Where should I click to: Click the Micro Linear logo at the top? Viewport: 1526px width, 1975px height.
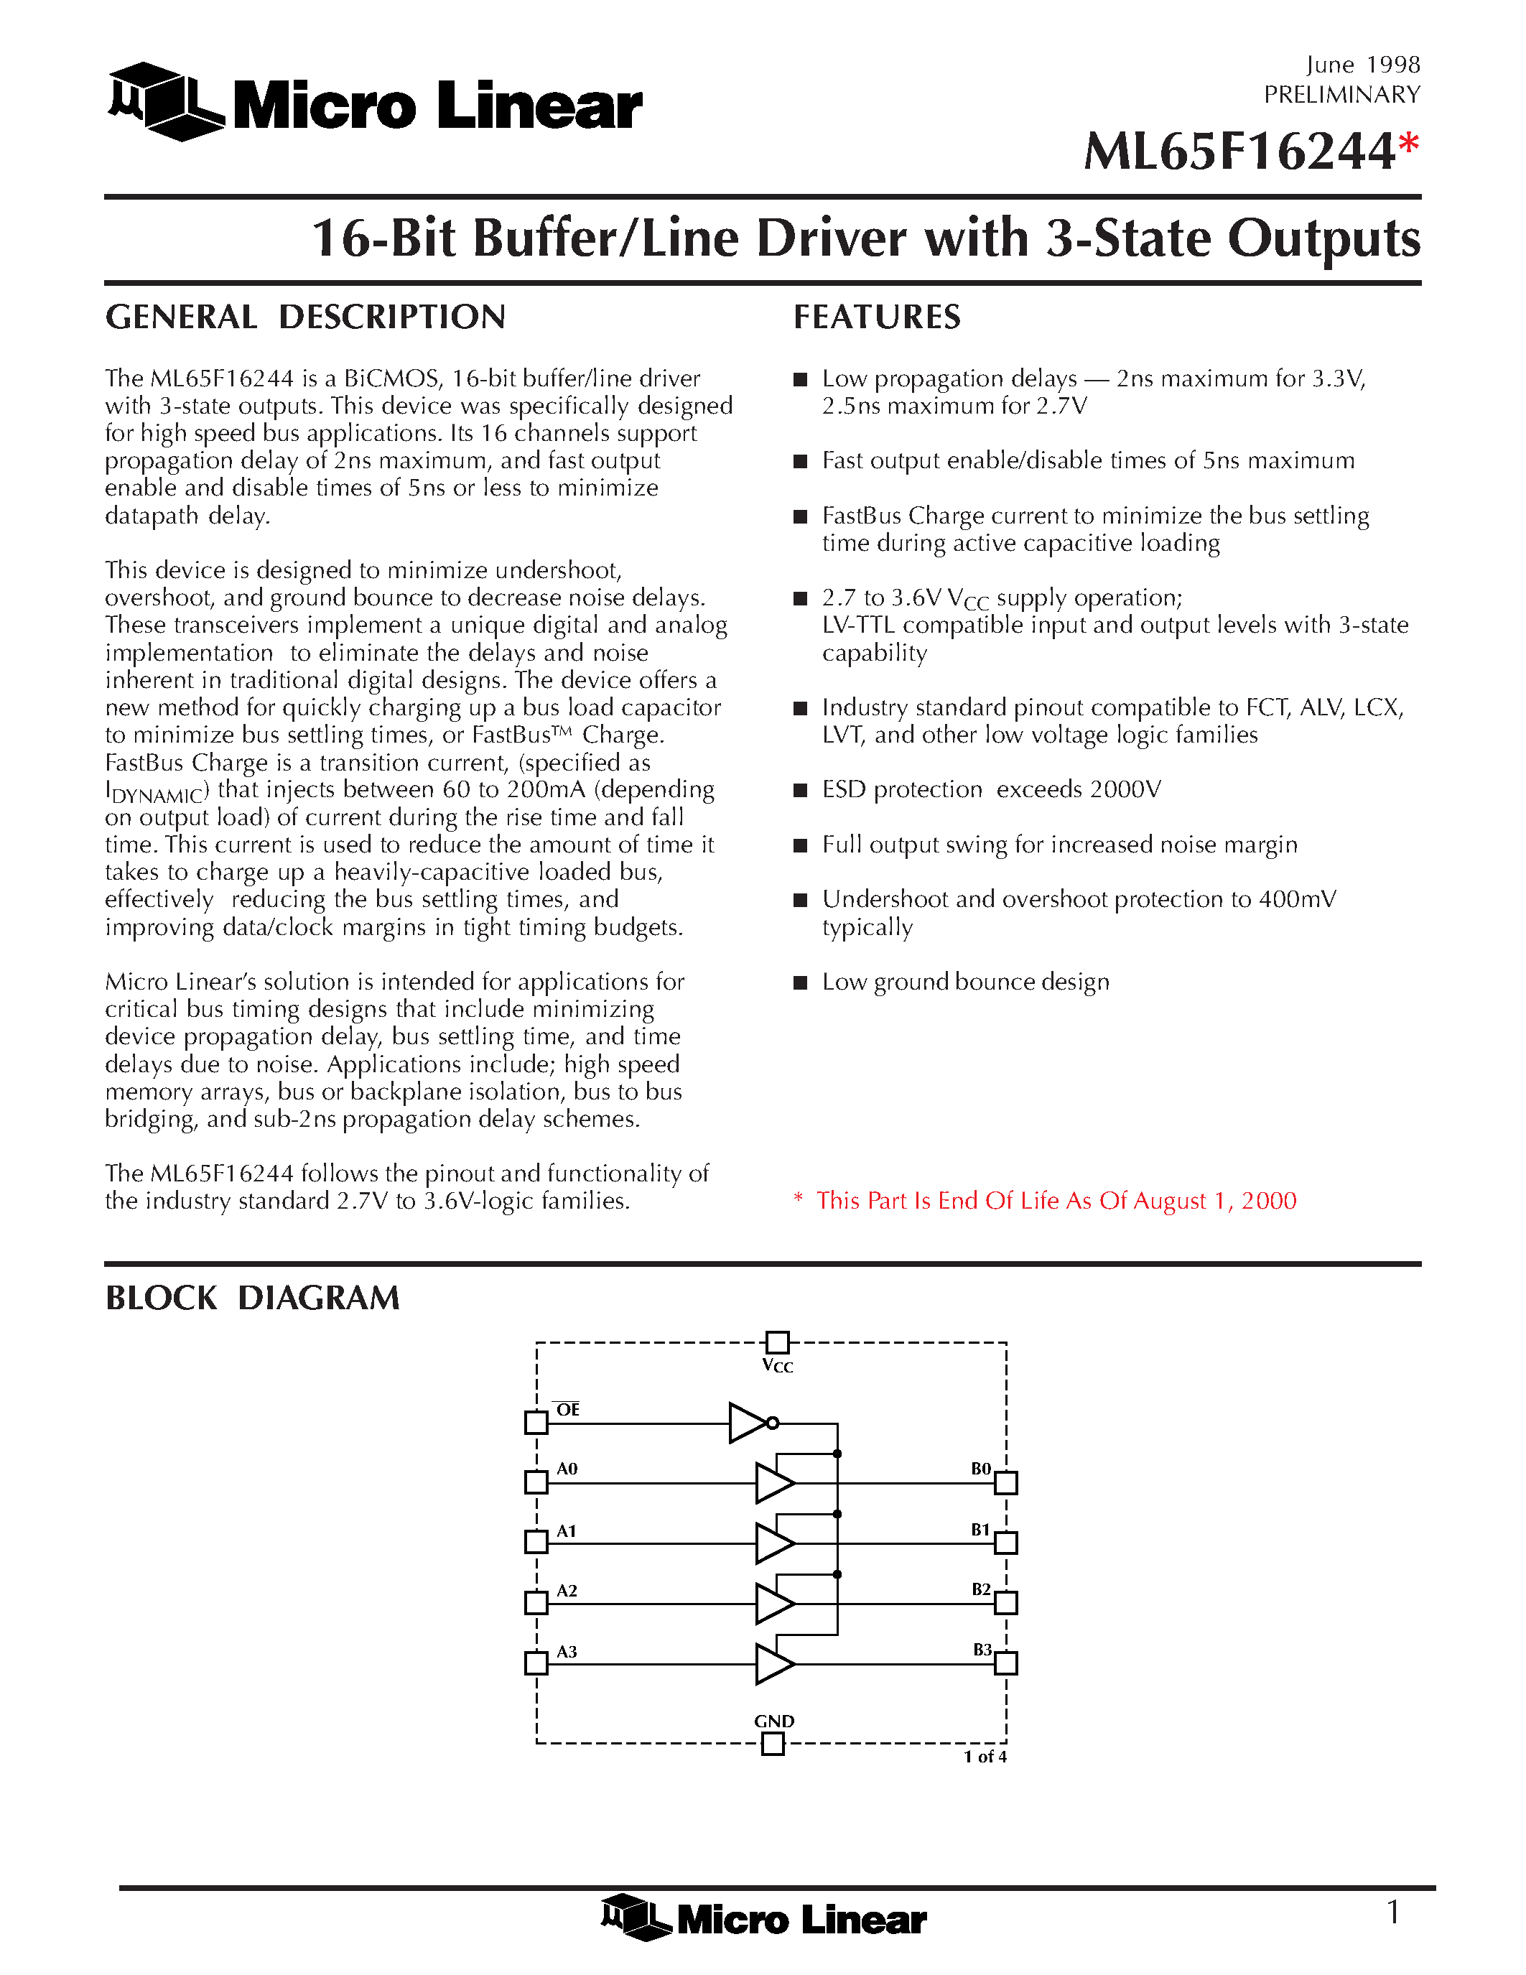coord(374,103)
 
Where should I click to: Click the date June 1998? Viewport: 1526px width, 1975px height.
coord(1362,65)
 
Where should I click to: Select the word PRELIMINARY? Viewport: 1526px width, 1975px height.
coord(1341,95)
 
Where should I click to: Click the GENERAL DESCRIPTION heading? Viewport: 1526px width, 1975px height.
coord(306,317)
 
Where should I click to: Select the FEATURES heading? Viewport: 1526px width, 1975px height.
coord(877,317)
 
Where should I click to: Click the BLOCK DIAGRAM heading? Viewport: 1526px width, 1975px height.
coord(252,1298)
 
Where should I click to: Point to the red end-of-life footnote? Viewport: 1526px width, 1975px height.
coord(1045,1201)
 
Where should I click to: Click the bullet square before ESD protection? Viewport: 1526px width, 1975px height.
coord(800,791)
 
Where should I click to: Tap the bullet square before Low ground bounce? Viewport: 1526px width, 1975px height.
coord(800,983)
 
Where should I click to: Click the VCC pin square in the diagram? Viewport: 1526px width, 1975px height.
coord(776,1342)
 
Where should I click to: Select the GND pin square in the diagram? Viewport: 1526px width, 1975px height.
coord(773,1744)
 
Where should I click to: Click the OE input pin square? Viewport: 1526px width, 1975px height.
coord(536,1423)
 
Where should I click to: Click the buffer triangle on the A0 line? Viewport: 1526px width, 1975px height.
coord(774,1483)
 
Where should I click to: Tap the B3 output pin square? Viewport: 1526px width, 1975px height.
coord(1006,1663)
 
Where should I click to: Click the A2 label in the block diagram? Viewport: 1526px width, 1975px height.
coord(567,1591)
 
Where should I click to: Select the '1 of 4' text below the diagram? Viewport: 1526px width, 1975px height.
coord(985,1757)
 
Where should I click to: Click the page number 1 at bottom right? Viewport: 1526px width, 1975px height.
coord(1393,1913)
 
